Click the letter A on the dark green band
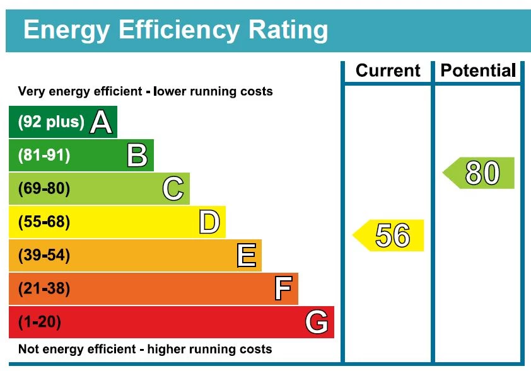coord(101,122)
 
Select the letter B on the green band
coord(137,156)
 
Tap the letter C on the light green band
coord(173,189)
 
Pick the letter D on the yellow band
coord(209,222)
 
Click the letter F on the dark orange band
coord(283,289)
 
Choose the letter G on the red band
coord(317,322)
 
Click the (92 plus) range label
coord(51,122)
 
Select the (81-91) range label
coord(44,156)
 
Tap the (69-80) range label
coord(44,189)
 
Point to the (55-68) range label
coord(44,222)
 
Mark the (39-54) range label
coord(44,256)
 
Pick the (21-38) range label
coord(44,289)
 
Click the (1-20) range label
coord(40,322)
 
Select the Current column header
coord(387,71)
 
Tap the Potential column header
coord(478,71)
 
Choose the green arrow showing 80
coord(479,173)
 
